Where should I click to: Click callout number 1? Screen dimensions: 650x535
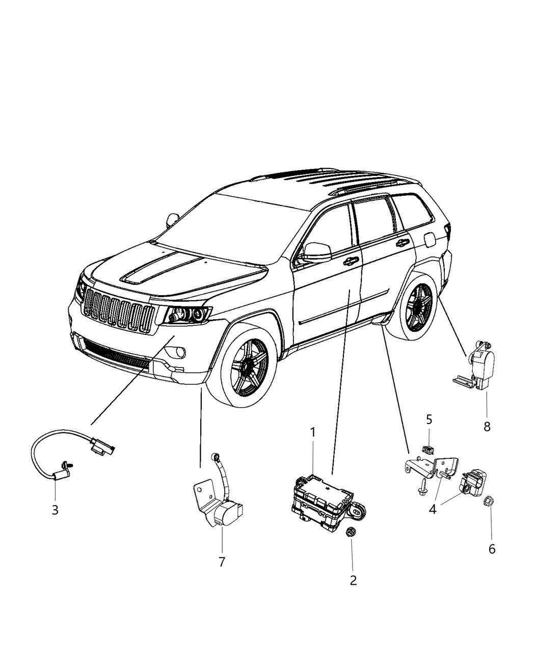(313, 432)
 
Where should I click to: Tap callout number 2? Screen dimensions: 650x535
(353, 580)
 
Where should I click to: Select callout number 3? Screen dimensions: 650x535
(55, 509)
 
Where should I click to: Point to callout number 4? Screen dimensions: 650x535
(433, 509)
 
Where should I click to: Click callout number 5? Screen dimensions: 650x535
(429, 420)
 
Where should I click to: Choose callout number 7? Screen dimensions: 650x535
(222, 562)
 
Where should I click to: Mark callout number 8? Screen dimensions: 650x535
(487, 427)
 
